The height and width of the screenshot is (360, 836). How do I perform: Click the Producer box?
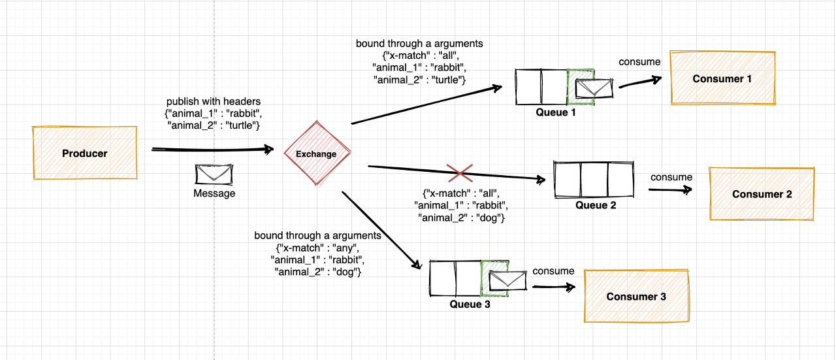click(x=85, y=154)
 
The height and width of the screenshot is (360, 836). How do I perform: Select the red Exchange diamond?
click(x=317, y=154)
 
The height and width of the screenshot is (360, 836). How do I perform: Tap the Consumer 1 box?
click(x=722, y=78)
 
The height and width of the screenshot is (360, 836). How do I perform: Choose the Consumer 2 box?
click(x=762, y=194)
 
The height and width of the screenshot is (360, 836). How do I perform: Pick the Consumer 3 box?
click(x=636, y=297)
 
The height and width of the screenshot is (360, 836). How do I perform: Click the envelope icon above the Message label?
click(x=214, y=174)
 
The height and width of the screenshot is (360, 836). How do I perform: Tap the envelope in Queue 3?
click(x=508, y=280)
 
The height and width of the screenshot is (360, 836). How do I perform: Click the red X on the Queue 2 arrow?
click(x=460, y=173)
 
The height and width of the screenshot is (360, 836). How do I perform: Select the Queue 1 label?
click(x=556, y=112)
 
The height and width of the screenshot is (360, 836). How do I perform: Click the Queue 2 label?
click(x=596, y=205)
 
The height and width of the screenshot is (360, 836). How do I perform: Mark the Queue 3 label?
click(x=470, y=304)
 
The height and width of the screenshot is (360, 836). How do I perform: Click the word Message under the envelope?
click(x=214, y=193)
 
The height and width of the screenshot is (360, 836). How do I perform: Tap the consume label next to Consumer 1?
click(x=639, y=62)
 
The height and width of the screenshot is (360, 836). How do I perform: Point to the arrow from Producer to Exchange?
click(x=212, y=150)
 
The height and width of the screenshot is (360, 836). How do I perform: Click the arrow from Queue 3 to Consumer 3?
click(x=553, y=286)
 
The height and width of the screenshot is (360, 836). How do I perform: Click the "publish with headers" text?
click(x=213, y=101)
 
